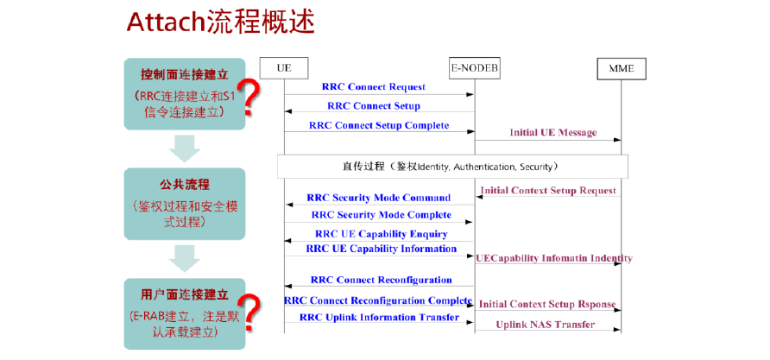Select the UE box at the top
(x=284, y=67)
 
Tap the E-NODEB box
(x=474, y=66)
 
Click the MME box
(x=621, y=67)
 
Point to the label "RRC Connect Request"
(x=374, y=87)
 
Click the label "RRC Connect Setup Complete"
(x=379, y=125)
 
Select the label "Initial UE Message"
(x=553, y=133)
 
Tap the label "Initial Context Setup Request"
(x=548, y=190)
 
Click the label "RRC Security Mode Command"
(x=378, y=198)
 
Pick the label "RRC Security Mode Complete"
(x=381, y=215)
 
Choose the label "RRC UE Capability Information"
(x=381, y=249)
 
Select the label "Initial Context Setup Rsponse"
(x=548, y=305)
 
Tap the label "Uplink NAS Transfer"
(x=545, y=325)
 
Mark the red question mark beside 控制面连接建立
(x=249, y=98)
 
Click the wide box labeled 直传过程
(x=451, y=166)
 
